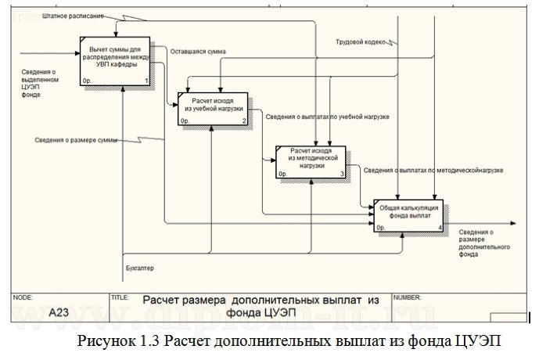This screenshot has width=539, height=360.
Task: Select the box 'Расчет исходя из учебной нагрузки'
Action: pyautogui.click(x=214, y=109)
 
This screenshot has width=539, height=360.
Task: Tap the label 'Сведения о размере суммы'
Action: pyautogui.click(x=76, y=140)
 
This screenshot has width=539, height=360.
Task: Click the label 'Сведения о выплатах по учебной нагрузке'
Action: pyautogui.click(x=327, y=117)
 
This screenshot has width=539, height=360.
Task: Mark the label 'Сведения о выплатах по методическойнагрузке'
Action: pyautogui.click(x=433, y=169)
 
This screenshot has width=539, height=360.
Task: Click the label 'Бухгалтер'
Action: pyautogui.click(x=139, y=269)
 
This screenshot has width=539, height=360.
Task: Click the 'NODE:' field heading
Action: pyautogui.click(x=23, y=298)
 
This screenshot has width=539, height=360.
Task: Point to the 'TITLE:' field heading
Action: pyautogui.click(x=120, y=298)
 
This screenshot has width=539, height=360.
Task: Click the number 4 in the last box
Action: pyautogui.click(x=441, y=228)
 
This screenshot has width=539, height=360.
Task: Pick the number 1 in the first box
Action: pyautogui.click(x=146, y=81)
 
